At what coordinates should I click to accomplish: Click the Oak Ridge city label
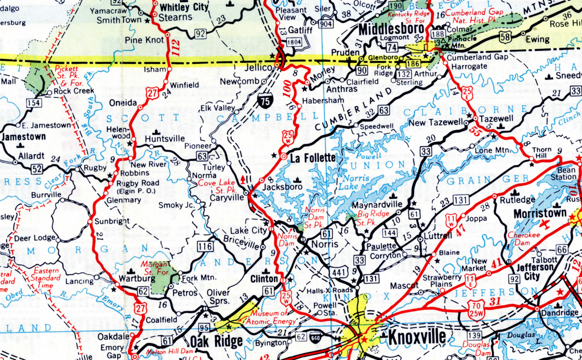[x=216, y=341]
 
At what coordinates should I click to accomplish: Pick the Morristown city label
[x=539, y=214]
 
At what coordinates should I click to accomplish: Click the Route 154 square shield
[x=34, y=103]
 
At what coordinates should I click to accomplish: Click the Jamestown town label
[x=24, y=137]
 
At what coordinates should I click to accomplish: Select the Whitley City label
[x=184, y=7]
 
